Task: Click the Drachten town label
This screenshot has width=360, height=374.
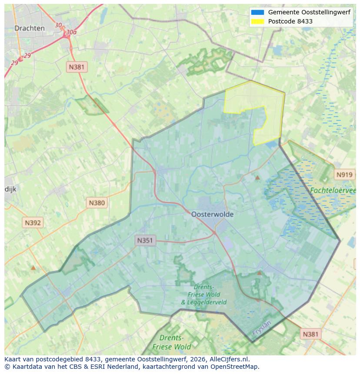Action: coord(30,28)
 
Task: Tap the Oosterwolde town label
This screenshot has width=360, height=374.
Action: coord(212,214)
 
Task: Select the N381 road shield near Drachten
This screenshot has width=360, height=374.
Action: coord(77,67)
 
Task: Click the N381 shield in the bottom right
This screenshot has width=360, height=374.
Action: coord(310,334)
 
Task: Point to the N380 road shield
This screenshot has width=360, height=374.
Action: coord(97,202)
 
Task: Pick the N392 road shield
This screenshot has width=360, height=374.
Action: coord(33,223)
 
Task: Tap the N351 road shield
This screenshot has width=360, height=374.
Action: coord(145,240)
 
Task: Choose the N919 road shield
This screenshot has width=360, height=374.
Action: coord(344,175)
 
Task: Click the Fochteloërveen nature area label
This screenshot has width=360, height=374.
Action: coord(333,190)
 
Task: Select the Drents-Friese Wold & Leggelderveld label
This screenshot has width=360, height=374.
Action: coord(198,295)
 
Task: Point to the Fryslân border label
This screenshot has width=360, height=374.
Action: coord(261,328)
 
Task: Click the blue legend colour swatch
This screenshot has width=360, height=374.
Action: coord(257,12)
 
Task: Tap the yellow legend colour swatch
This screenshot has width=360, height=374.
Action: coord(257,21)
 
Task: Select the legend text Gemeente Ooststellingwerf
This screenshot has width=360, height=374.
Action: coord(309,12)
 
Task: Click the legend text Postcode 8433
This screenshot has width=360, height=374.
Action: coord(290,21)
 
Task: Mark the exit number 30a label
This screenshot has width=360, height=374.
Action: coord(71,32)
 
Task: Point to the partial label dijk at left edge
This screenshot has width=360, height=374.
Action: coord(10,189)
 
